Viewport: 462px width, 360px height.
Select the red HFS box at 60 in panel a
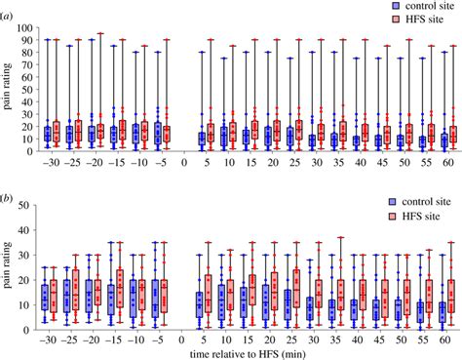(452, 135)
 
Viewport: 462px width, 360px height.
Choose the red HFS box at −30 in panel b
(55, 294)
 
